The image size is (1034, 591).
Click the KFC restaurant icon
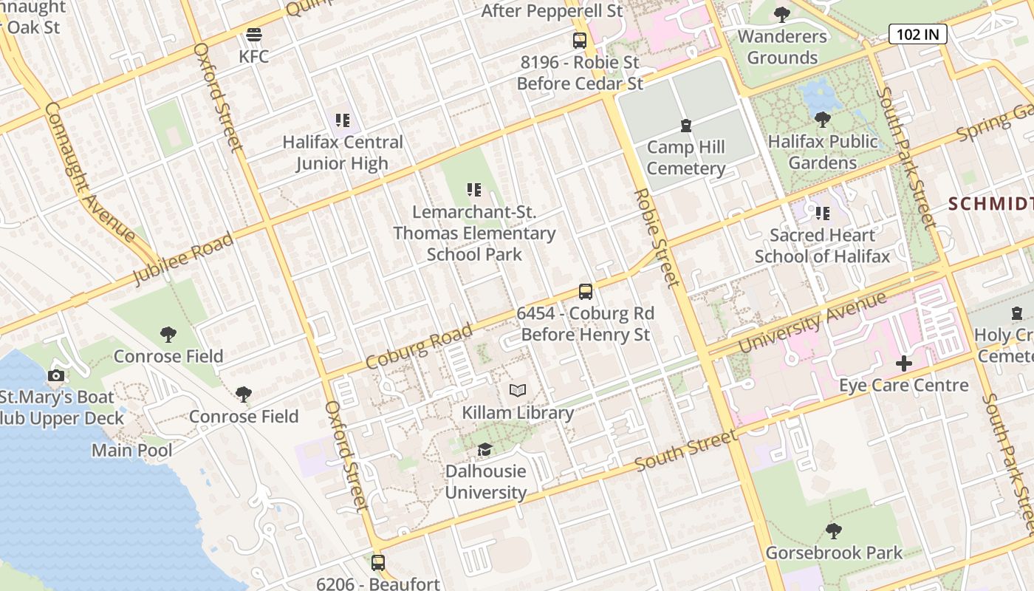point(254,35)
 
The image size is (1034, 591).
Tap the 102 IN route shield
point(917,34)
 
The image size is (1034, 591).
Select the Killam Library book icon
point(518,391)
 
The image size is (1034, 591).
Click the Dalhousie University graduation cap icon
point(485,449)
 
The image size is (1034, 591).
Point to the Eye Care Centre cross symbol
point(904,363)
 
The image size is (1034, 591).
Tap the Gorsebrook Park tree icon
point(834,530)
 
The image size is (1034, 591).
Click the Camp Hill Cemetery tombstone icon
point(686,126)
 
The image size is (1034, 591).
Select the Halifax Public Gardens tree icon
point(822,119)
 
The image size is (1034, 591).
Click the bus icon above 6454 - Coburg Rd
point(586,292)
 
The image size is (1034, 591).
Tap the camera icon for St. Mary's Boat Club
point(55,375)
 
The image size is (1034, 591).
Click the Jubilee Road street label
point(183,259)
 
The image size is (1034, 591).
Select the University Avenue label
point(812,323)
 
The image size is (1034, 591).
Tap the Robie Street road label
point(657,237)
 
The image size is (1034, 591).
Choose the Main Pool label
point(132,450)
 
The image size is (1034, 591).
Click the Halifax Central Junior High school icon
point(342,120)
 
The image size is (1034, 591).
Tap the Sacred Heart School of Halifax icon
point(822,213)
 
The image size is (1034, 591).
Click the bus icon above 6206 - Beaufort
point(378,563)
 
